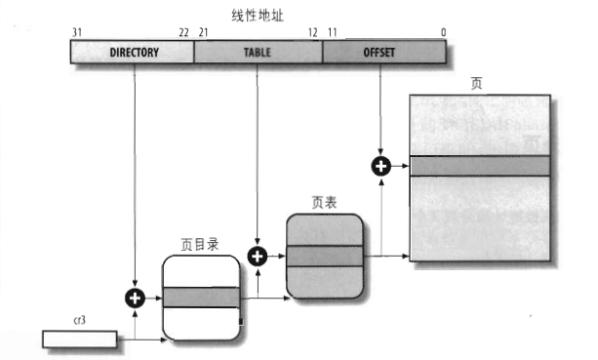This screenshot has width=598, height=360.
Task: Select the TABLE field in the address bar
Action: coord(258,52)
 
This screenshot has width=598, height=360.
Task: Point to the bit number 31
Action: coord(76,32)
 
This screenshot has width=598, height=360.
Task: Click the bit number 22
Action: coord(183,32)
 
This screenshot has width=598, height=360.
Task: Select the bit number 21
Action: coord(204,32)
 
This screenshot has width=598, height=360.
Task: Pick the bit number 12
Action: coord(312,32)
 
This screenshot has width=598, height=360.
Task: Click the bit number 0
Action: coord(444,32)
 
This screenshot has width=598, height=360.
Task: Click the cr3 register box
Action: coord(79,339)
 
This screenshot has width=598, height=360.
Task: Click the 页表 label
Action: coord(325,204)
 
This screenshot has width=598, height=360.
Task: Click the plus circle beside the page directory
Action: coord(134,298)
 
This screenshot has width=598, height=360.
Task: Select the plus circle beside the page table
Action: coord(258,257)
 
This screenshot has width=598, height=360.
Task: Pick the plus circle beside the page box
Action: coord(381,166)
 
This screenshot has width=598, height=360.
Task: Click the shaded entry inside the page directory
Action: coord(201,298)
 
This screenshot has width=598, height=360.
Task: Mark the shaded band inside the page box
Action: coord(479,166)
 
